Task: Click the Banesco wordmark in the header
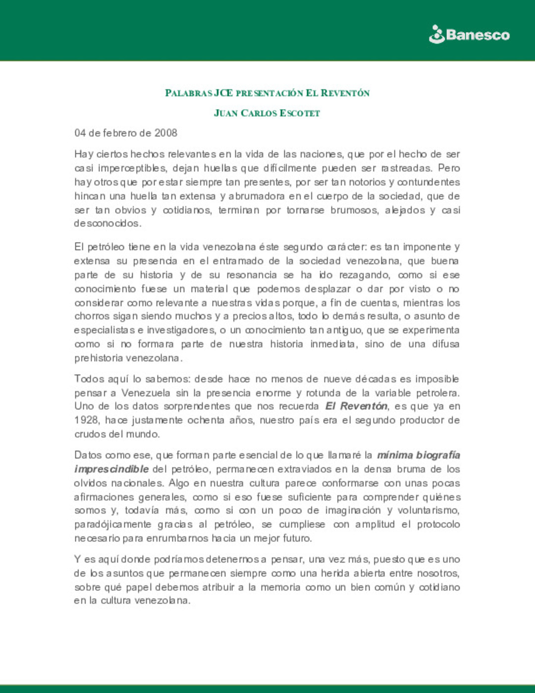[478, 35]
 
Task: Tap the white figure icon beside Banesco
[436, 34]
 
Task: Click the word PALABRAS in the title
[188, 93]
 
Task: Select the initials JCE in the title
[223, 93]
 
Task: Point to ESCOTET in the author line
[300, 113]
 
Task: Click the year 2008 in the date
[165, 133]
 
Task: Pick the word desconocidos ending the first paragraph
[107, 224]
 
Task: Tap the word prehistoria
[98, 358]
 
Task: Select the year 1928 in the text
[87, 420]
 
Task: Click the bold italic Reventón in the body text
[364, 406]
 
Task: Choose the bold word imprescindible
[111, 469]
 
